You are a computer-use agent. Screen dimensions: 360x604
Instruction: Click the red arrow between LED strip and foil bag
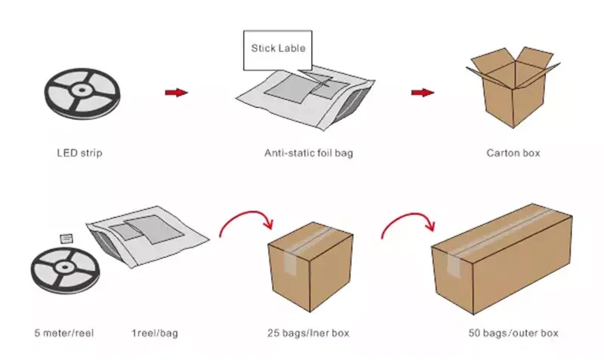tap(176, 93)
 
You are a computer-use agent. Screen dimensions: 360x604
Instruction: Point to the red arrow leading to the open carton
tap(422, 93)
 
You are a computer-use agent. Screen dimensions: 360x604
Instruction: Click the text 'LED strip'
tap(79, 153)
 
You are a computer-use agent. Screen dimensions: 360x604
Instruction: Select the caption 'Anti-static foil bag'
tap(308, 153)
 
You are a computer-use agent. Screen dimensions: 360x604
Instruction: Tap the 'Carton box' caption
tap(513, 153)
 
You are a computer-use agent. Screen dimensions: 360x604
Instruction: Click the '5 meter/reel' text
tap(64, 333)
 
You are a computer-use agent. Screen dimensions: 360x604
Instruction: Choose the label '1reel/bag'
tap(155, 333)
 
